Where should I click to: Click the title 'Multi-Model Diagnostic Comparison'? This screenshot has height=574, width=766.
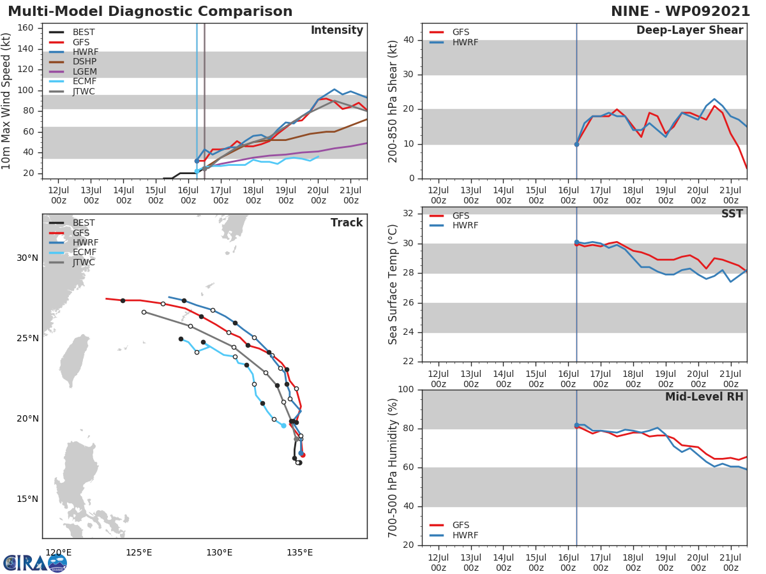point(150,11)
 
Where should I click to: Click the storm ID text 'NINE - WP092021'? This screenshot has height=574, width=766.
point(680,11)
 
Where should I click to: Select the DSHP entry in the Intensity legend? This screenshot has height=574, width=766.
point(84,62)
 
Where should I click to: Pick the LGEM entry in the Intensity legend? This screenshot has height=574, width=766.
point(84,71)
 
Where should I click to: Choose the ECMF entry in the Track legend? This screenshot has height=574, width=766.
point(84,253)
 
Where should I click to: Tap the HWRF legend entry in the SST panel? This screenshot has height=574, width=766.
point(465,225)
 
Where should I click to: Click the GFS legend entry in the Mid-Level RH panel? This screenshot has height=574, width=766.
point(461,525)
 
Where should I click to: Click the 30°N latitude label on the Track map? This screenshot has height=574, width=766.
point(27,258)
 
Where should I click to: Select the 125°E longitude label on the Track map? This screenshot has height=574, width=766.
point(139,552)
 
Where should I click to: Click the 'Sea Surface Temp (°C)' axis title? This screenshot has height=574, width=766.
point(393,284)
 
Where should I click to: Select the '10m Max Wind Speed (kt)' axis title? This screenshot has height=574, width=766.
point(7,101)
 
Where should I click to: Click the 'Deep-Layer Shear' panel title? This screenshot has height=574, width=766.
point(689,31)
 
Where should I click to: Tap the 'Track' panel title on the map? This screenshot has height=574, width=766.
point(346,223)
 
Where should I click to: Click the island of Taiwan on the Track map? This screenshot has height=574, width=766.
point(74,361)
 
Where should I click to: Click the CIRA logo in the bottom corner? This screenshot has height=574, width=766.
point(35,563)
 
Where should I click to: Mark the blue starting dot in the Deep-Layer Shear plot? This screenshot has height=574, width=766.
point(576,144)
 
